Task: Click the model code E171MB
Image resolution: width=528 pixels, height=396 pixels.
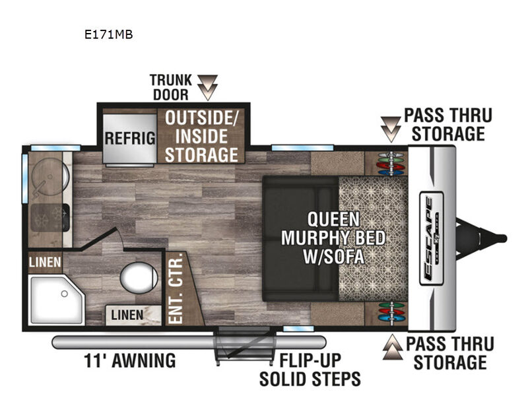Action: point(108,34)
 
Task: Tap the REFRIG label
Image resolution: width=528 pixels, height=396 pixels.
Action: point(130,138)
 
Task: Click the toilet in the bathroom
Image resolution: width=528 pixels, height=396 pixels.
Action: point(139,277)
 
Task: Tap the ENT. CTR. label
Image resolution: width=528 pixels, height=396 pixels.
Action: point(176,288)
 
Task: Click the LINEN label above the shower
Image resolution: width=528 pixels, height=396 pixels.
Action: point(45,262)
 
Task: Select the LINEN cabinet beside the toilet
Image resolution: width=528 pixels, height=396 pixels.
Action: point(133,315)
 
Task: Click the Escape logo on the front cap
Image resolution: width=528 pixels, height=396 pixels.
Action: point(432,238)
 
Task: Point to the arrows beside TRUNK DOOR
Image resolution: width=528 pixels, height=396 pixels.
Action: point(207,87)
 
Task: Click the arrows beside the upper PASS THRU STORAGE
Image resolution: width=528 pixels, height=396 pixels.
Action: point(391,129)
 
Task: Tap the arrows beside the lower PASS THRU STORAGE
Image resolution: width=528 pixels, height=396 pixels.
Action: point(392,347)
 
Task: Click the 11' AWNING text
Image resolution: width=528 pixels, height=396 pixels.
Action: point(129,360)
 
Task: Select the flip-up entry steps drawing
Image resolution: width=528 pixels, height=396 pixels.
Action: point(244,346)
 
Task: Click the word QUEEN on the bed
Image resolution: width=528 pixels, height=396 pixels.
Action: point(333,219)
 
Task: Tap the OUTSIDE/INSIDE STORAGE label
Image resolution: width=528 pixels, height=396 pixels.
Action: point(201,137)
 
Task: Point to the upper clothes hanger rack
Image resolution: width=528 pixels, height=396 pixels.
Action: point(391,164)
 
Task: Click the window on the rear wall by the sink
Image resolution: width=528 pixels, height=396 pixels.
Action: point(25,178)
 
